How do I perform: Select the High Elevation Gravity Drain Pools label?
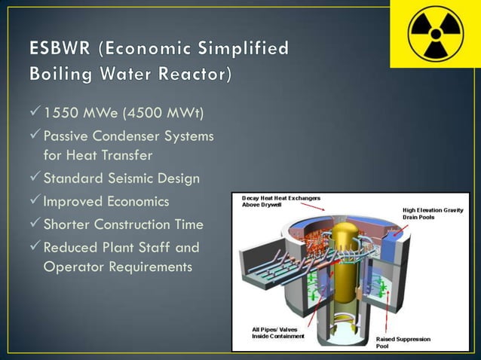pyautogui.click(x=437, y=214)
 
